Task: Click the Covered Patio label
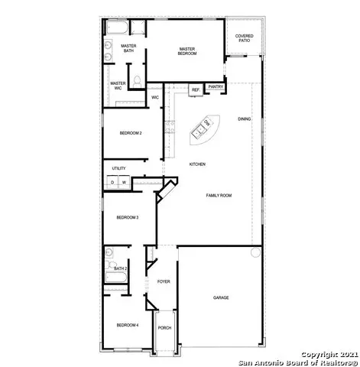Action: coord(244,38)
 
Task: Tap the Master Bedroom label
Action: coord(187,51)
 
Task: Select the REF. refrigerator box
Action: coord(196,90)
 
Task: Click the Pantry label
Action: coord(216,87)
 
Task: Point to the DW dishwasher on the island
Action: coord(207,123)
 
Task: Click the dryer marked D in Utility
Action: coord(112,182)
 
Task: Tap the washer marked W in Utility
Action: coord(124,182)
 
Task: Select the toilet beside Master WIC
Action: coord(137,81)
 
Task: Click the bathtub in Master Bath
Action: coord(117,28)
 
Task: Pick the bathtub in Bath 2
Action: coord(116,278)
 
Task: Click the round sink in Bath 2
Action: coord(109,252)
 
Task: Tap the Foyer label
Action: coord(164,281)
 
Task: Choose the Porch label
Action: coord(164,328)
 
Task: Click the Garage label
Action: coord(221,297)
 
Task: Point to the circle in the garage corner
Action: coord(255,252)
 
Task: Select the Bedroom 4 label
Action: coord(128,325)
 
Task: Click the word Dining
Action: coord(244,119)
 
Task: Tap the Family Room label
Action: coord(219,196)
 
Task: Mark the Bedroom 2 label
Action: coord(131,133)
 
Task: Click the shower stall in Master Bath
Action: coord(138,28)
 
